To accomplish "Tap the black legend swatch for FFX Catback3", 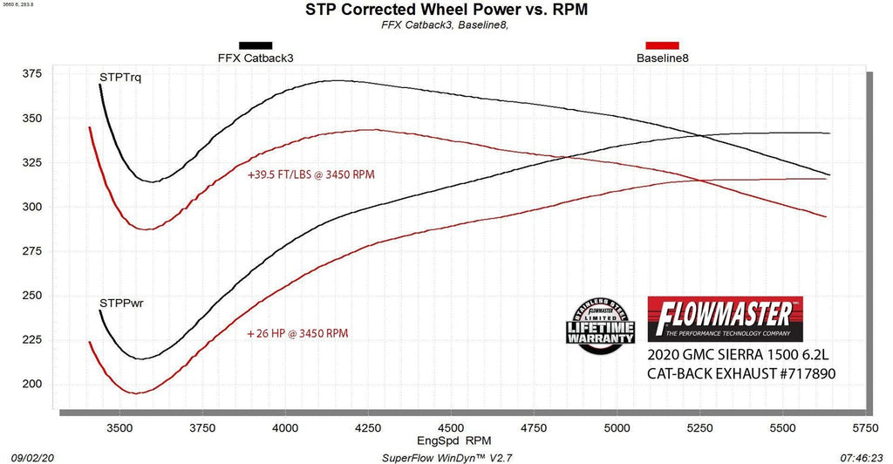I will pyautogui.click(x=256, y=45).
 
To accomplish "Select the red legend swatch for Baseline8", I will pyautogui.click(x=662, y=45).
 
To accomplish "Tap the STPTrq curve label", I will pyautogui.click(x=120, y=78).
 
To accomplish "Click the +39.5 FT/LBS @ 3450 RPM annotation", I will pyautogui.click(x=310, y=174).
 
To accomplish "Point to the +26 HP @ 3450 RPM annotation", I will pyautogui.click(x=297, y=333).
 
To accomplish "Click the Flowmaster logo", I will pyautogui.click(x=725, y=318).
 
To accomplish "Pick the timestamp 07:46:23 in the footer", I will pyautogui.click(x=867, y=456).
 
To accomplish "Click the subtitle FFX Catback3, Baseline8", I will pyautogui.click(x=446, y=25).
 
